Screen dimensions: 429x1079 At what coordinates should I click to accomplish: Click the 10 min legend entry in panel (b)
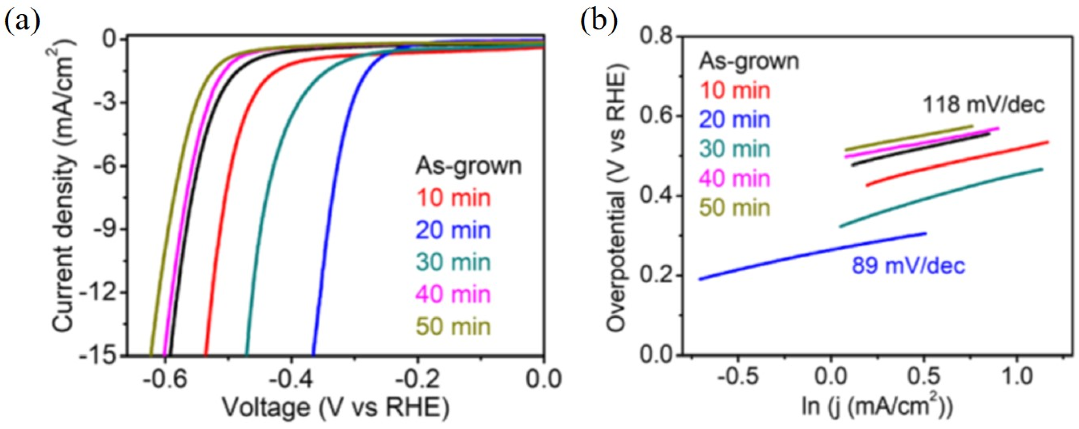pos(735,90)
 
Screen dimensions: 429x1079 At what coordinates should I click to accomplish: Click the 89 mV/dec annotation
pos(909,266)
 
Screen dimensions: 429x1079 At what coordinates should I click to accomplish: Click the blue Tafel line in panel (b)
pos(813,256)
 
